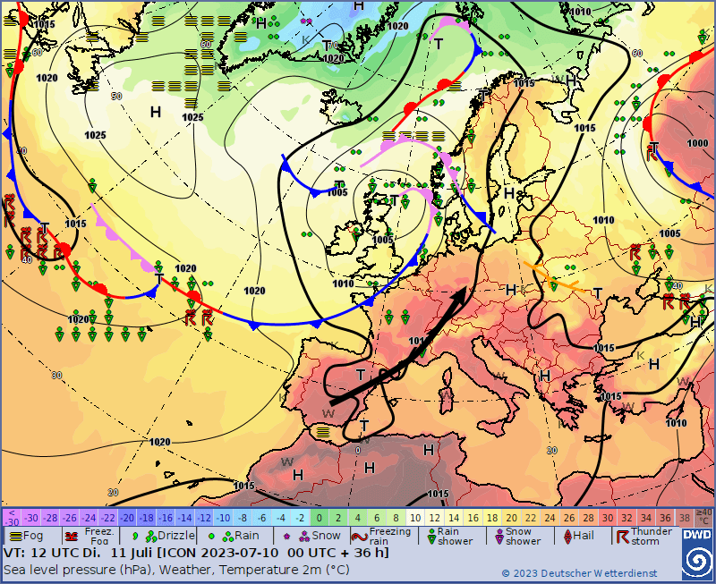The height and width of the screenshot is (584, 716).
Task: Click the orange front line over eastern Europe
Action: tap(559, 277)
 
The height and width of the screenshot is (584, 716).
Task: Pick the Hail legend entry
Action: tap(577, 535)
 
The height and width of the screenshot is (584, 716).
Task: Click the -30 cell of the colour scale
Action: tap(31, 518)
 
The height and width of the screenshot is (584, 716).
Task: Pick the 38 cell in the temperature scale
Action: tap(685, 518)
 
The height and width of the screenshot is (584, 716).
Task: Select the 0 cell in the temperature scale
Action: tap(320, 518)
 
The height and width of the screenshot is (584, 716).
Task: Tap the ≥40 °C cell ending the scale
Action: tap(704, 517)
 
